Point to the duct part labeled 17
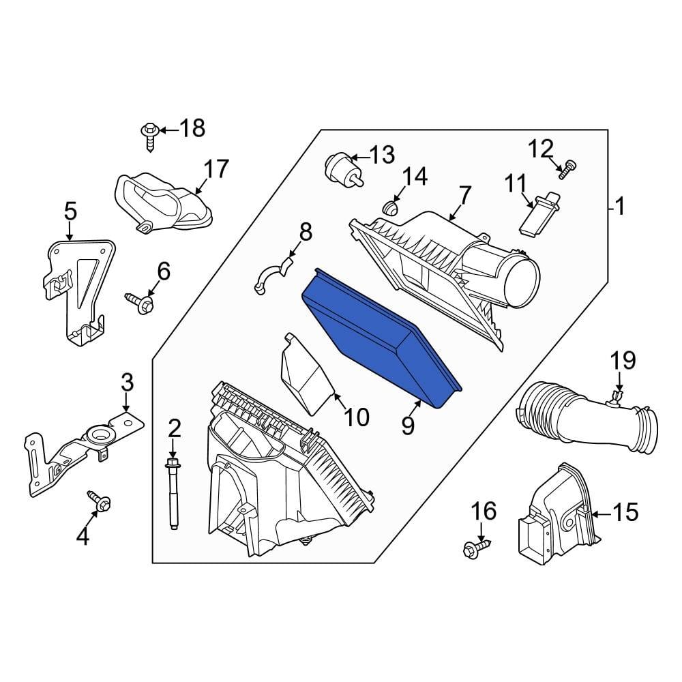coord(160,201)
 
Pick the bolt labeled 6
coord(140,303)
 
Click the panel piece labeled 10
coord(307,375)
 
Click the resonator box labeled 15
coord(556,518)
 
